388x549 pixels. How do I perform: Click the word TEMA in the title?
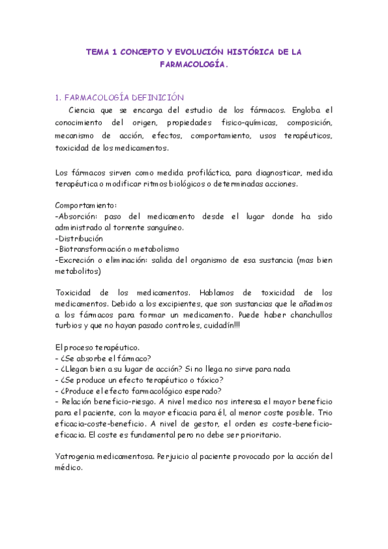coord(98,52)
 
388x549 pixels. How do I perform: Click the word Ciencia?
coord(92,110)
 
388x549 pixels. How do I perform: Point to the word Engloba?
coord(306,110)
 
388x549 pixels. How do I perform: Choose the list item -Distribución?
coord(80,238)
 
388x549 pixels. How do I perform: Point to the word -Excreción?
coord(76,260)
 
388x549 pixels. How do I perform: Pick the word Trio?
coord(325,412)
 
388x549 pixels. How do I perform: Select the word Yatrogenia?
coord(78,456)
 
